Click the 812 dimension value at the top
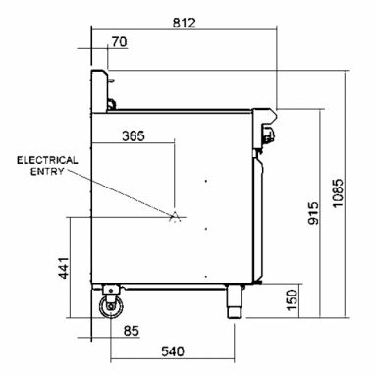click(x=185, y=23)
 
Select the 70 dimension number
click(x=119, y=42)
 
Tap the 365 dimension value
click(x=134, y=135)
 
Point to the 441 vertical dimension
click(x=64, y=268)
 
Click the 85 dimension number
click(x=132, y=331)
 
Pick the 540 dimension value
click(x=173, y=351)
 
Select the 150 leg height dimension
click(x=292, y=300)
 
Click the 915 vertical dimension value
click(x=313, y=213)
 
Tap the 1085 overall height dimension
click(x=338, y=192)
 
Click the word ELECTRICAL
click(x=47, y=160)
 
